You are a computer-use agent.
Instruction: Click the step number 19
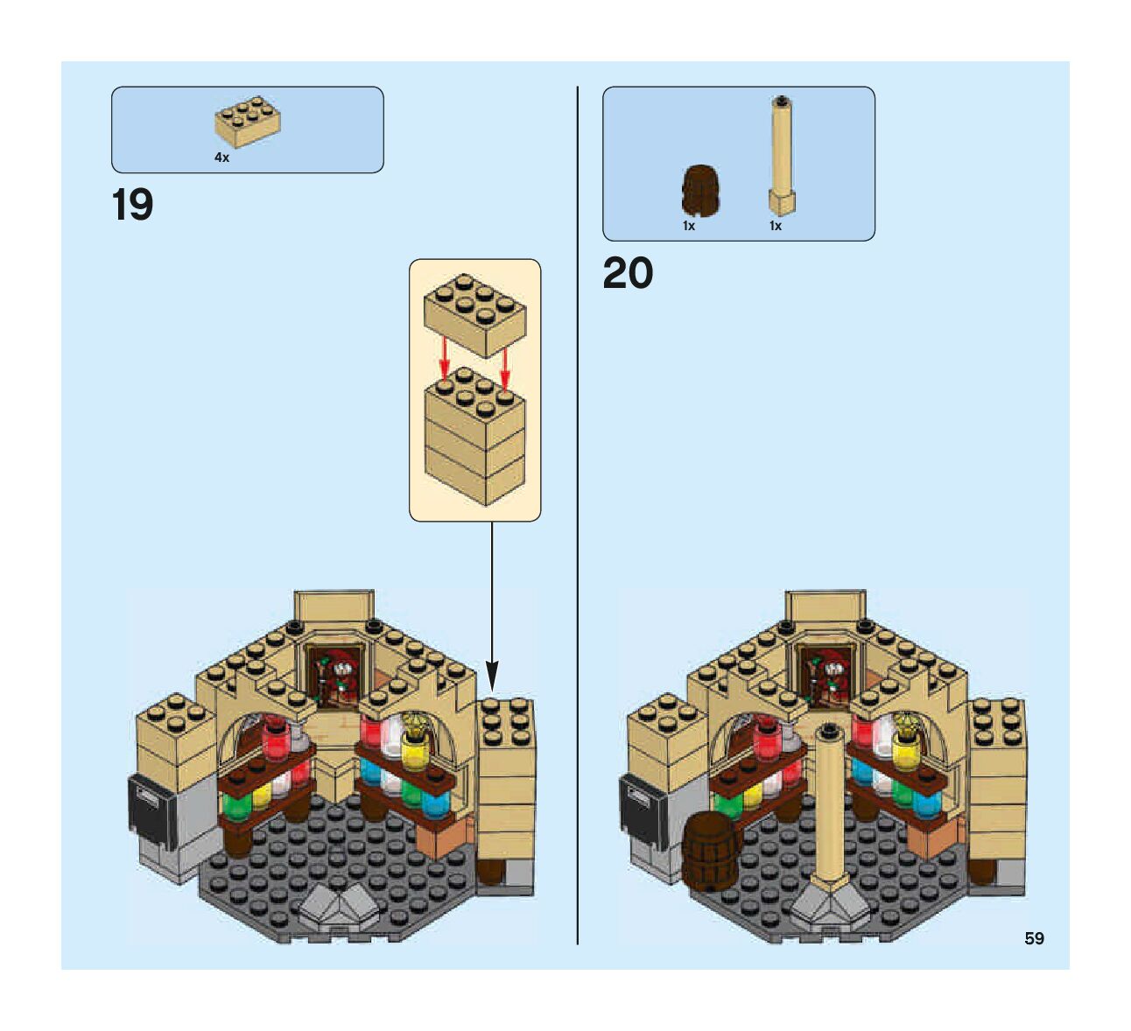[132, 206]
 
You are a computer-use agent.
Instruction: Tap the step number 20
[628, 274]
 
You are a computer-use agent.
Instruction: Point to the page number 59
[1034, 939]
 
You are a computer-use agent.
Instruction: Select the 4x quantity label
[222, 158]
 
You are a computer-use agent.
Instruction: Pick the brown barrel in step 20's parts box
[700, 190]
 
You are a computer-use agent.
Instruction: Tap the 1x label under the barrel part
[689, 226]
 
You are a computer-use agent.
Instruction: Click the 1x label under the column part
[776, 226]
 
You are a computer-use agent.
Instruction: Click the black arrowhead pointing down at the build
[492, 676]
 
